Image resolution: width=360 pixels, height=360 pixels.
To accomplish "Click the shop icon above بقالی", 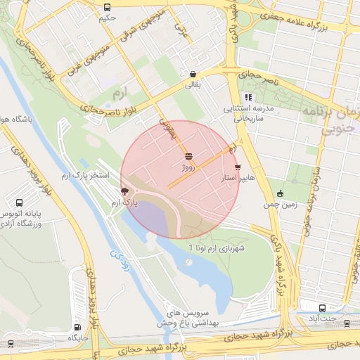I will pyautogui.click(x=193, y=73).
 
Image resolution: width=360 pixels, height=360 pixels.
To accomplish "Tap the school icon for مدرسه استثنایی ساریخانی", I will pyautogui.click(x=247, y=97).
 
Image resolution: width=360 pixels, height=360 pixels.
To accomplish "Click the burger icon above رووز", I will pyautogui.click(x=188, y=156).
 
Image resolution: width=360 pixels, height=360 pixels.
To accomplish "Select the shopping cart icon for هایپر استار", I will pyautogui.click(x=237, y=167).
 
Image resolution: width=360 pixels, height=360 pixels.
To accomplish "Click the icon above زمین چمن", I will pyautogui.click(x=281, y=193).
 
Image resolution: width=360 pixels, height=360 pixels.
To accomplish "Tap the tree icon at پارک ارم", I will pyautogui.click(x=125, y=191).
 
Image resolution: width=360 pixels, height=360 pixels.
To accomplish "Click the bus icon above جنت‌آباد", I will pyautogui.click(x=322, y=308).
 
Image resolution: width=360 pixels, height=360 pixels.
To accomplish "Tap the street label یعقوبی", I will pyautogui.click(x=167, y=127).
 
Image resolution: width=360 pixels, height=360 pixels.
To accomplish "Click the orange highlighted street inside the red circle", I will pyautogui.click(x=200, y=167).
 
